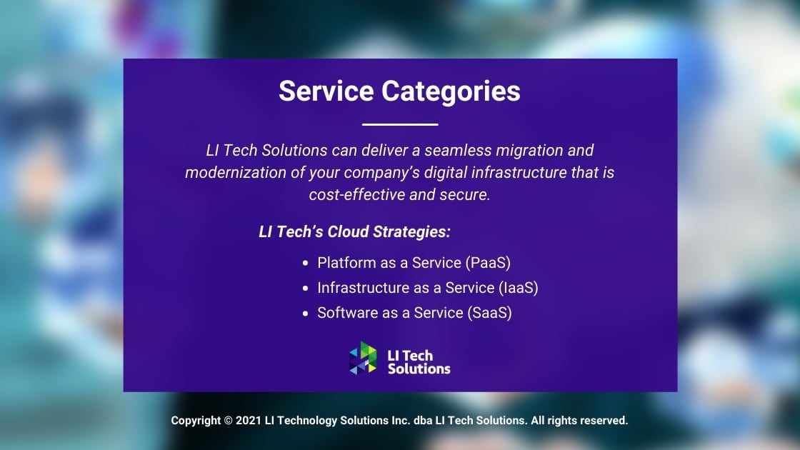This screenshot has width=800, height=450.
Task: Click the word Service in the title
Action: coord(326,91)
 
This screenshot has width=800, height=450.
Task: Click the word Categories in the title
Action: coord(451,92)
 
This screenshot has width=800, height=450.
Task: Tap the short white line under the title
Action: coord(400,124)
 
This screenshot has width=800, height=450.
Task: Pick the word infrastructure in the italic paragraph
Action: coord(519,172)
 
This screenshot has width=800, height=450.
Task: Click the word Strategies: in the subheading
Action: coord(411,232)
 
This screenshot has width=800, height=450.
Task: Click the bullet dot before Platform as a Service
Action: coord(305,264)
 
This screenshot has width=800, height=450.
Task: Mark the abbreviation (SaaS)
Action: coord(489,313)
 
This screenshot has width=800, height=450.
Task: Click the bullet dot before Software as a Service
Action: coord(305,314)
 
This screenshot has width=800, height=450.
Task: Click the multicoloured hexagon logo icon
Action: coord(363,358)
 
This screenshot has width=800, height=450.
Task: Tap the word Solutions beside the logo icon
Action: coord(419,369)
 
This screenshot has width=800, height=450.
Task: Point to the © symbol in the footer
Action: coord(228,421)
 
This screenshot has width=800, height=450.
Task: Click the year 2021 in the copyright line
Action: coord(249,421)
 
